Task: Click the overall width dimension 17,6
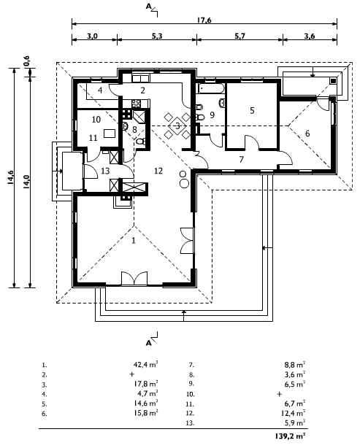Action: click(x=204, y=20)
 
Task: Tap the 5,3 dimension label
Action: click(x=157, y=36)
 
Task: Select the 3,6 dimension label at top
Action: click(x=310, y=36)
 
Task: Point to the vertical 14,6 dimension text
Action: click(x=11, y=178)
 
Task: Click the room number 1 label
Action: click(x=133, y=241)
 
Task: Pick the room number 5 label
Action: click(x=252, y=110)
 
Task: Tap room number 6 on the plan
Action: click(x=307, y=133)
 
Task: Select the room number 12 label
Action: click(x=158, y=171)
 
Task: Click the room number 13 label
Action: click(x=105, y=171)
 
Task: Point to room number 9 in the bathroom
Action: click(x=212, y=115)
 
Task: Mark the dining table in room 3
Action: click(x=177, y=125)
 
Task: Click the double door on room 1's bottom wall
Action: click(x=134, y=279)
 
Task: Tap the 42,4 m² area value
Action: click(x=146, y=365)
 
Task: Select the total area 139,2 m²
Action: click(x=290, y=436)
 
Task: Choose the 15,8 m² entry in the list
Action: click(x=146, y=413)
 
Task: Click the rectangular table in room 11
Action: click(x=110, y=134)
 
